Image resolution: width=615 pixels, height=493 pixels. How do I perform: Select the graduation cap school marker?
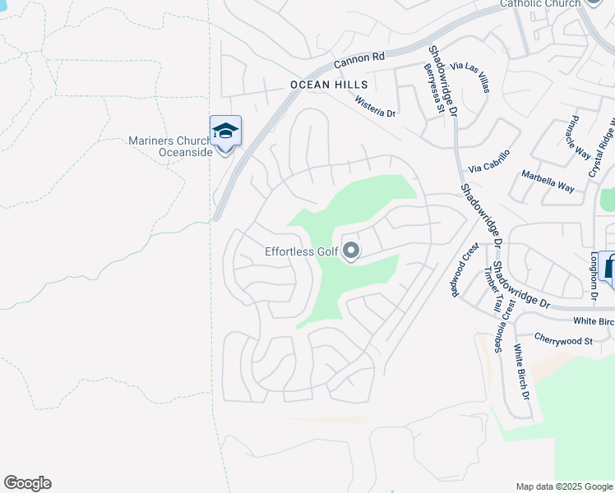(225, 131)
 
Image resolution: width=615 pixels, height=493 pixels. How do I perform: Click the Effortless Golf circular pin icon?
(351, 251)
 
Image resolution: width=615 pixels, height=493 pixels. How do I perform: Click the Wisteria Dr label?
(376, 106)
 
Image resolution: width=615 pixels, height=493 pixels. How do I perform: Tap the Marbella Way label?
(548, 182)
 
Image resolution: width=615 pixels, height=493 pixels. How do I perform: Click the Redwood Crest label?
(465, 270)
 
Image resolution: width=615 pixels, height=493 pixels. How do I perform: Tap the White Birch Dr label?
(522, 371)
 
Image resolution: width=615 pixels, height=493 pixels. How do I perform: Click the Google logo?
(27, 483)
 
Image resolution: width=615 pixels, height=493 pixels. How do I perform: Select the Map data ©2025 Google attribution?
(564, 486)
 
